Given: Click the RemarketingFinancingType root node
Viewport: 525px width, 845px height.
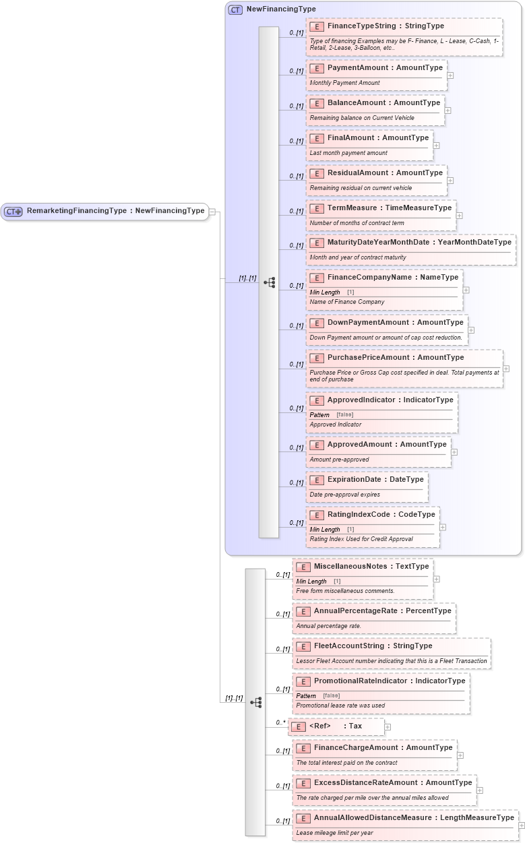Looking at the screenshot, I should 115,211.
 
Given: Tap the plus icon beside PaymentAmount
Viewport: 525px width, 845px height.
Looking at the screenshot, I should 450,75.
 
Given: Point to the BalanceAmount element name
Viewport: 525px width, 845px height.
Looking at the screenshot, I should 383,103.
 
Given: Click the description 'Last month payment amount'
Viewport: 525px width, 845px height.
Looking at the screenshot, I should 348,153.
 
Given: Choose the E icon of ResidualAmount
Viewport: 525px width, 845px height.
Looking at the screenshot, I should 317,173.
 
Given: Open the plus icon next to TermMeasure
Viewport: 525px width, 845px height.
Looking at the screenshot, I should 459,216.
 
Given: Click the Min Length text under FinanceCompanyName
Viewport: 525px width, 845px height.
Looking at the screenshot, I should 325,292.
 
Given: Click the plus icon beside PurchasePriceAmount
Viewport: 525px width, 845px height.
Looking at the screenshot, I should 506,369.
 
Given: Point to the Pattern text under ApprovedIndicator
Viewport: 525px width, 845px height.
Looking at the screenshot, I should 319,414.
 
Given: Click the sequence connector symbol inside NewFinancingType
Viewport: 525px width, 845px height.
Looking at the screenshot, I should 269,282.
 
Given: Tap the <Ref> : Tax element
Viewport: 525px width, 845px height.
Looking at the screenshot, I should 336,726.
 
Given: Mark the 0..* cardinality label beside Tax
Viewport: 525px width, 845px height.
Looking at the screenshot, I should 281,722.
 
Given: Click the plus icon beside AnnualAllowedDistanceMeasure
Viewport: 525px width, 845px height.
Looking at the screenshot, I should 521,825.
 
